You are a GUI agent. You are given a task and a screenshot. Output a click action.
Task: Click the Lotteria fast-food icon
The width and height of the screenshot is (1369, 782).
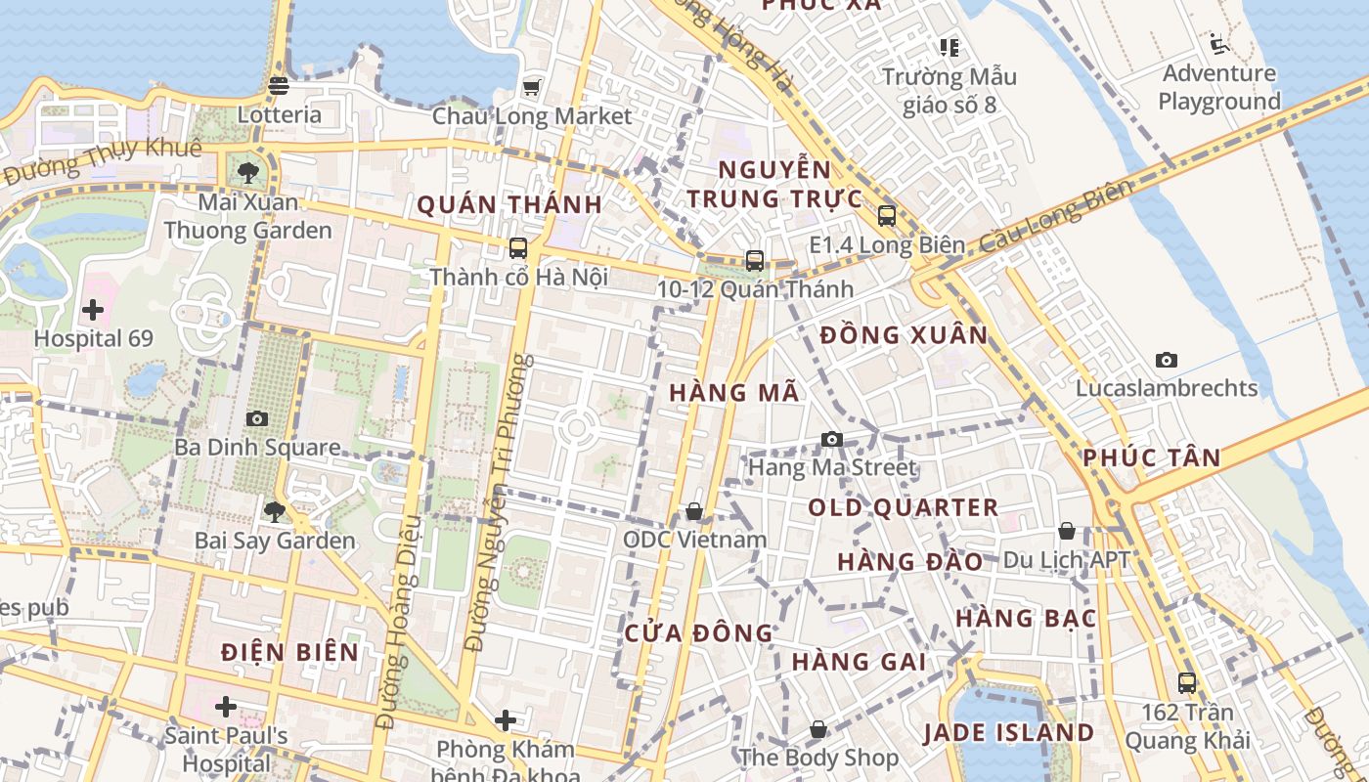click(x=279, y=86)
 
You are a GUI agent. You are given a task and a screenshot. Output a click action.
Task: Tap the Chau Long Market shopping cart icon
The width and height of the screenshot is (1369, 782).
click(x=531, y=88)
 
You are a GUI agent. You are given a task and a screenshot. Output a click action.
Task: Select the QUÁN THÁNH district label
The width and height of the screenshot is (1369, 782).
click(x=509, y=205)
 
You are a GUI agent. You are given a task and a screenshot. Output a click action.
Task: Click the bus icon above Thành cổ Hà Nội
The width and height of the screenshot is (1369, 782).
click(x=518, y=248)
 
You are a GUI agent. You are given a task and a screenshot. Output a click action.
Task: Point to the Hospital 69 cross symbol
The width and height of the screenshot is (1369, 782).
click(x=93, y=311)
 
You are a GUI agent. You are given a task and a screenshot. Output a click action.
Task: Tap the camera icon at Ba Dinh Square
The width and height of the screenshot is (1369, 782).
click(x=257, y=418)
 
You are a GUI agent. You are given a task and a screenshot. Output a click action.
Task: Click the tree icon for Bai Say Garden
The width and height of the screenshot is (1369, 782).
click(x=275, y=511)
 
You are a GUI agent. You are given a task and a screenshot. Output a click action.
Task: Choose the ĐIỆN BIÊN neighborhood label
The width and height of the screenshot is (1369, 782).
click(x=289, y=652)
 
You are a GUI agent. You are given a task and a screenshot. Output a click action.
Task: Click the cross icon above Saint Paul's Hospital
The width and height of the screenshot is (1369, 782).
click(x=226, y=706)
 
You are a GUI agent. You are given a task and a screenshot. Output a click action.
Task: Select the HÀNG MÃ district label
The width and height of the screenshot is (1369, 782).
click(x=734, y=393)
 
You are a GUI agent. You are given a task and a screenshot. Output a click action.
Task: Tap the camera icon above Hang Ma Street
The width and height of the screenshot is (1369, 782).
click(x=832, y=439)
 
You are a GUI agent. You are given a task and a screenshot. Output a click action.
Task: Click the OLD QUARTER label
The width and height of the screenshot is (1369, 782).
click(x=904, y=508)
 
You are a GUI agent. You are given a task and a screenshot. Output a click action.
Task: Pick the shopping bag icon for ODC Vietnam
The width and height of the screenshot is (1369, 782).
click(x=694, y=511)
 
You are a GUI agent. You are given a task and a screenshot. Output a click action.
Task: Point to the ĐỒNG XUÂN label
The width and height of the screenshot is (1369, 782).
click(x=905, y=335)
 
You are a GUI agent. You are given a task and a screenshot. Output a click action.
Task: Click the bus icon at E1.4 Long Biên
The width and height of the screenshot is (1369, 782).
click(x=887, y=216)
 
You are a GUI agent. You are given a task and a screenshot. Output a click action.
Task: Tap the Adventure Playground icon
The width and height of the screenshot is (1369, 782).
click(x=1218, y=44)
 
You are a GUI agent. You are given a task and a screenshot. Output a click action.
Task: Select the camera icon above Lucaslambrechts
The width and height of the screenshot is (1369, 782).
click(x=1166, y=360)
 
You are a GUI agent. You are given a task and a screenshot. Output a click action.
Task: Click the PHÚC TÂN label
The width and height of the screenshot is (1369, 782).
click(x=1152, y=457)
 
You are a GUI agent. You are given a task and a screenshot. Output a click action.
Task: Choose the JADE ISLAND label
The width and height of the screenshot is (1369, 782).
click(x=1009, y=732)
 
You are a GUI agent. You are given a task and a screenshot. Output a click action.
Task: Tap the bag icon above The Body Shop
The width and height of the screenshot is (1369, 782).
click(x=818, y=729)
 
